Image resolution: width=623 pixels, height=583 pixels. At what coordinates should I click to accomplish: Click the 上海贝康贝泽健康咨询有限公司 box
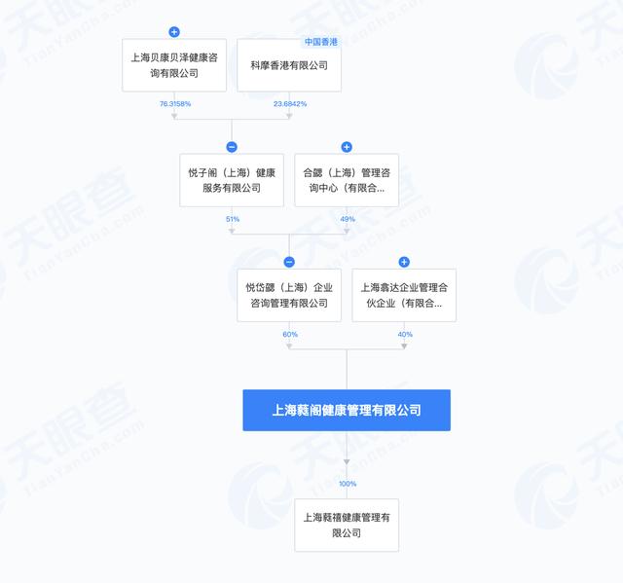[174, 65]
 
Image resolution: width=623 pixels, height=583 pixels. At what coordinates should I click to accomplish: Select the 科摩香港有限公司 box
[289, 65]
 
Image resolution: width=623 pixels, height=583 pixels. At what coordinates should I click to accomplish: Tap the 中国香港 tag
[321, 42]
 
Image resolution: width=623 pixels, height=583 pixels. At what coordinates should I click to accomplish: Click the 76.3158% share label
[175, 104]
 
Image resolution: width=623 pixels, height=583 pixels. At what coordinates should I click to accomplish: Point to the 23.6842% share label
[290, 104]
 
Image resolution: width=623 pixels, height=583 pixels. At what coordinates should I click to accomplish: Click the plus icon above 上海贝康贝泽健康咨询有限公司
[174, 32]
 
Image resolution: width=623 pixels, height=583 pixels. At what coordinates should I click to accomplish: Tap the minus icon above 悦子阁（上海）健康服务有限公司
[232, 147]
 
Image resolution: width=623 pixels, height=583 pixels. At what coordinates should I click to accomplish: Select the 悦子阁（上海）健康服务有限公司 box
[232, 180]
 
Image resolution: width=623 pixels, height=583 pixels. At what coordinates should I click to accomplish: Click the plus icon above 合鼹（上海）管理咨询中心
[347, 147]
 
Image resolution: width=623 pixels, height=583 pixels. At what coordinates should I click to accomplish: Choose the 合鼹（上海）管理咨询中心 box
[347, 180]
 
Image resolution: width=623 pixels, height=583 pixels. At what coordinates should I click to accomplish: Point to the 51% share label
[233, 219]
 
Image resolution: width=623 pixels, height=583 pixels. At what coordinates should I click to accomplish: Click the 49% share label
[348, 219]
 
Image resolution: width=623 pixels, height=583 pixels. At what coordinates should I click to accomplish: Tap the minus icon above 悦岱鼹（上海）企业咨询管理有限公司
[289, 262]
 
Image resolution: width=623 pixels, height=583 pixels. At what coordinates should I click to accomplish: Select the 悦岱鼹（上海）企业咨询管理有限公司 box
[289, 295]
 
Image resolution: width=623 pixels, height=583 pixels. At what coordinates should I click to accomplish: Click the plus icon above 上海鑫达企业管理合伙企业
[404, 262]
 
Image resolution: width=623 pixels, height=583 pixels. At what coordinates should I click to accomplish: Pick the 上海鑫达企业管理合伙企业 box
[404, 295]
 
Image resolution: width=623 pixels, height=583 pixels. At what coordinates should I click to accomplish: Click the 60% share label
[290, 335]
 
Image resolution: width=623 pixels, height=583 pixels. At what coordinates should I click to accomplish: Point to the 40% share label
[405, 335]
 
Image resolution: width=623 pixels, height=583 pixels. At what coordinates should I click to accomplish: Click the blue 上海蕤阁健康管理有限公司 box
[347, 411]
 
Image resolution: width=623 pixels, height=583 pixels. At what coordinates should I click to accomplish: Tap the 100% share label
[348, 484]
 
